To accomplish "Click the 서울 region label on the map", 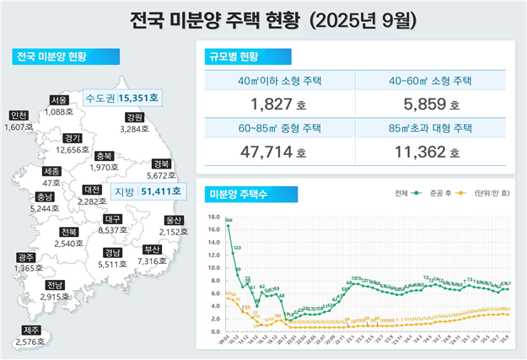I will tap(59, 99).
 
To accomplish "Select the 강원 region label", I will tap(134, 117).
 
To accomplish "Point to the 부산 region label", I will tap(152, 250).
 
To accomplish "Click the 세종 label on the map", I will tap(51, 171).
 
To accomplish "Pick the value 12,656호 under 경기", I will tap(73, 149).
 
